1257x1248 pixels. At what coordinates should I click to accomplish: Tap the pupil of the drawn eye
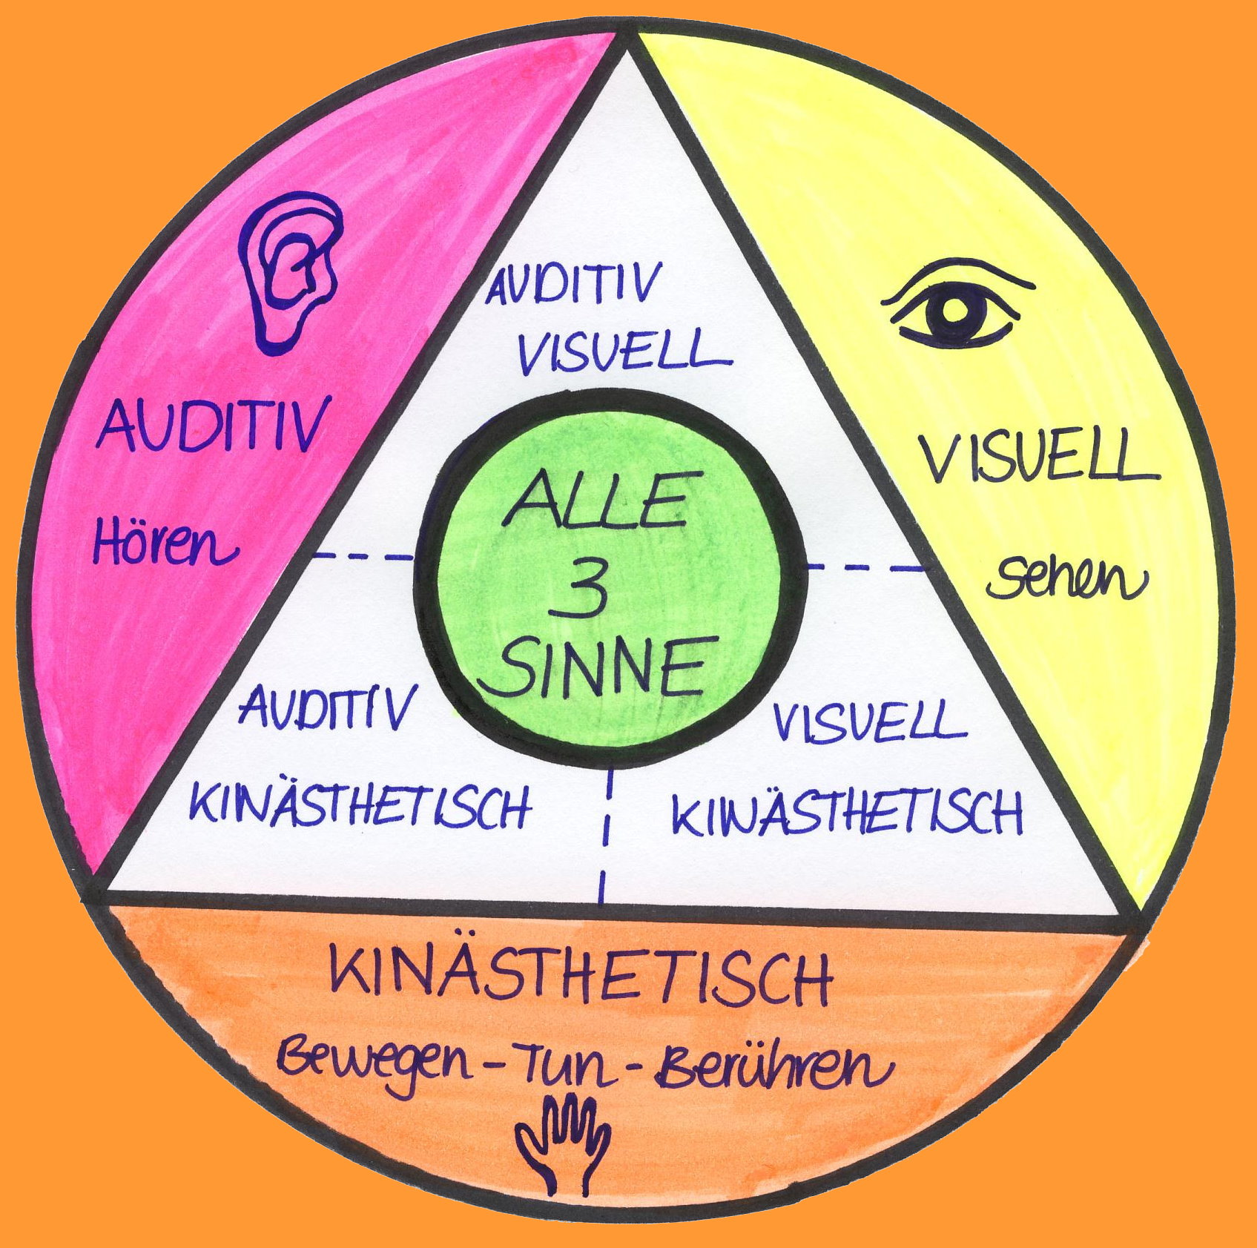[955, 312]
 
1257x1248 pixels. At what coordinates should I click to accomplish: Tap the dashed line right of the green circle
[865, 567]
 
